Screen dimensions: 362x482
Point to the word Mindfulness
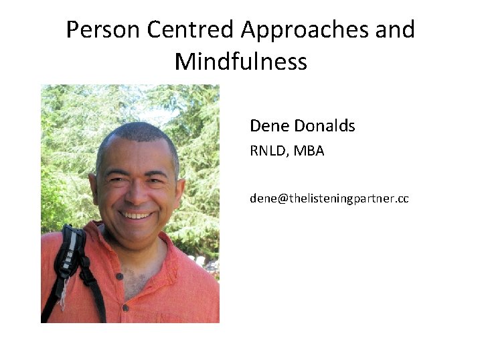click(x=241, y=62)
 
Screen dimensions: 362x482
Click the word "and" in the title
click(x=396, y=30)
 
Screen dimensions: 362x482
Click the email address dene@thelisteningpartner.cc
click(x=329, y=198)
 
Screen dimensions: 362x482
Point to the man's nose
click(x=137, y=194)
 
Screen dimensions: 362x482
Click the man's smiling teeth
click(x=137, y=215)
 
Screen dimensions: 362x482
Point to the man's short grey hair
click(x=137, y=134)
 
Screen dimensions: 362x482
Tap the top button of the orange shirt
click(x=120, y=276)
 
